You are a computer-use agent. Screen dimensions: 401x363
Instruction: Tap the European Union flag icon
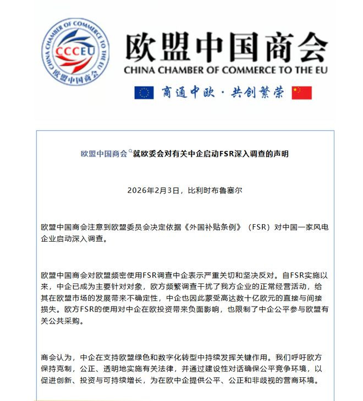tap(144, 92)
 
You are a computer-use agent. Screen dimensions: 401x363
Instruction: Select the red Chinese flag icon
tap(301, 92)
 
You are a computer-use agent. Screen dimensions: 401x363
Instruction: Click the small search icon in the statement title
tap(130, 151)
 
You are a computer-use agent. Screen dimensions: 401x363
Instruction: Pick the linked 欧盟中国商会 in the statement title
tap(104, 154)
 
